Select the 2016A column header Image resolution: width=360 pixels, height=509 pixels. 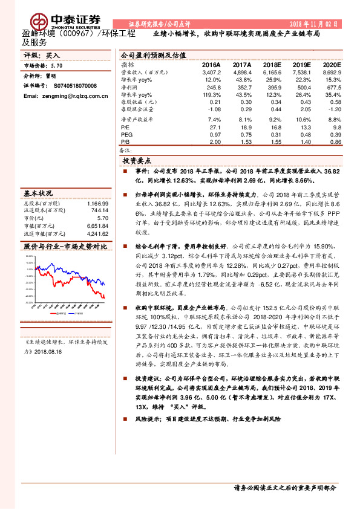[211, 65]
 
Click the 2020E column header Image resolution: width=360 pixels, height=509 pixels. [332, 65]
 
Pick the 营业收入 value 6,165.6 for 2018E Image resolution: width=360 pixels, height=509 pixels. [272, 72]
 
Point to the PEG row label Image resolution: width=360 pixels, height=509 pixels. [126, 135]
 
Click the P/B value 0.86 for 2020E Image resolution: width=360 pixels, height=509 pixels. [334, 141]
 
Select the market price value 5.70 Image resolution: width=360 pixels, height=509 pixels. [56, 65]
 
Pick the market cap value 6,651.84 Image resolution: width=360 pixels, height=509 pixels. [97, 225]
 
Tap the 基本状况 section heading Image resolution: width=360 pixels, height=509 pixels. [38, 193]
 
